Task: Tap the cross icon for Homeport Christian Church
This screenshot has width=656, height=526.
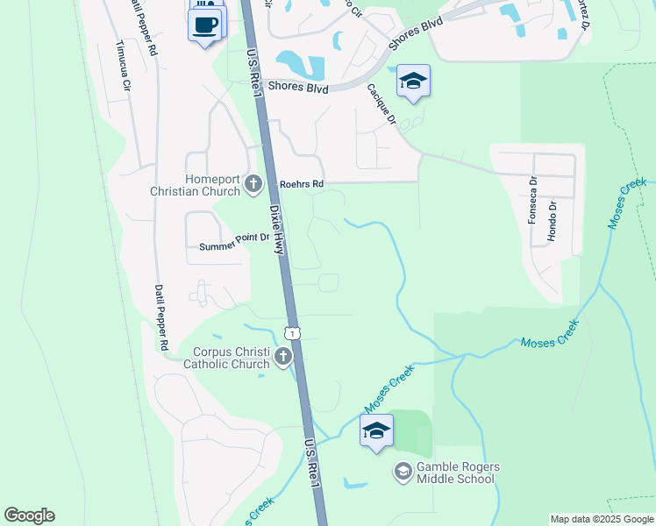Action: coord(253,184)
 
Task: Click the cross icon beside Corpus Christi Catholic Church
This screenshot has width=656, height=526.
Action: coord(282,357)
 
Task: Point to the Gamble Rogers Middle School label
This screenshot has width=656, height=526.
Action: coord(456,473)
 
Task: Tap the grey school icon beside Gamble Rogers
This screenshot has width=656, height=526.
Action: coord(403,473)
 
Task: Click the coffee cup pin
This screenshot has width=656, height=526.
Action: coord(205,25)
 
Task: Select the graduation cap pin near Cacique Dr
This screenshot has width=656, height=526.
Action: coord(413,82)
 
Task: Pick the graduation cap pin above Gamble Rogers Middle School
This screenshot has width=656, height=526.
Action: coord(376,431)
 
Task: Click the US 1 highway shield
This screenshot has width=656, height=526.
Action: coord(293,332)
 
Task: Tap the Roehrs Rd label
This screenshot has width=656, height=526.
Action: coord(302,184)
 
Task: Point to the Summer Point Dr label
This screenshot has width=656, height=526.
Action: coord(233,247)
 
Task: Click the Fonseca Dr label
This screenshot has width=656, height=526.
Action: coord(532,201)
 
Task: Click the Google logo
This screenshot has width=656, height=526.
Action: coord(29,515)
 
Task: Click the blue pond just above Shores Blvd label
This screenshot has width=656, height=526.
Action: coord(300,63)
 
